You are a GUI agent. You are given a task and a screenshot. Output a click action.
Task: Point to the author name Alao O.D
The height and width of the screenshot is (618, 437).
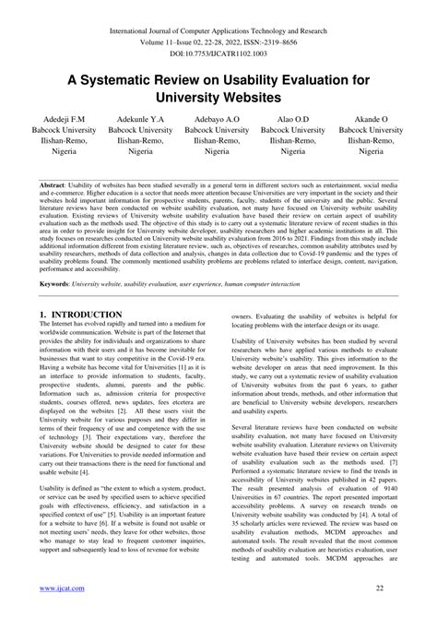point(293,120)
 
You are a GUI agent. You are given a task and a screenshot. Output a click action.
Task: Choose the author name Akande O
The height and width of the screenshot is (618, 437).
point(372,120)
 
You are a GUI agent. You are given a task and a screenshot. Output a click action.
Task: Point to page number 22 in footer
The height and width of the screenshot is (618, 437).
point(391,588)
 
